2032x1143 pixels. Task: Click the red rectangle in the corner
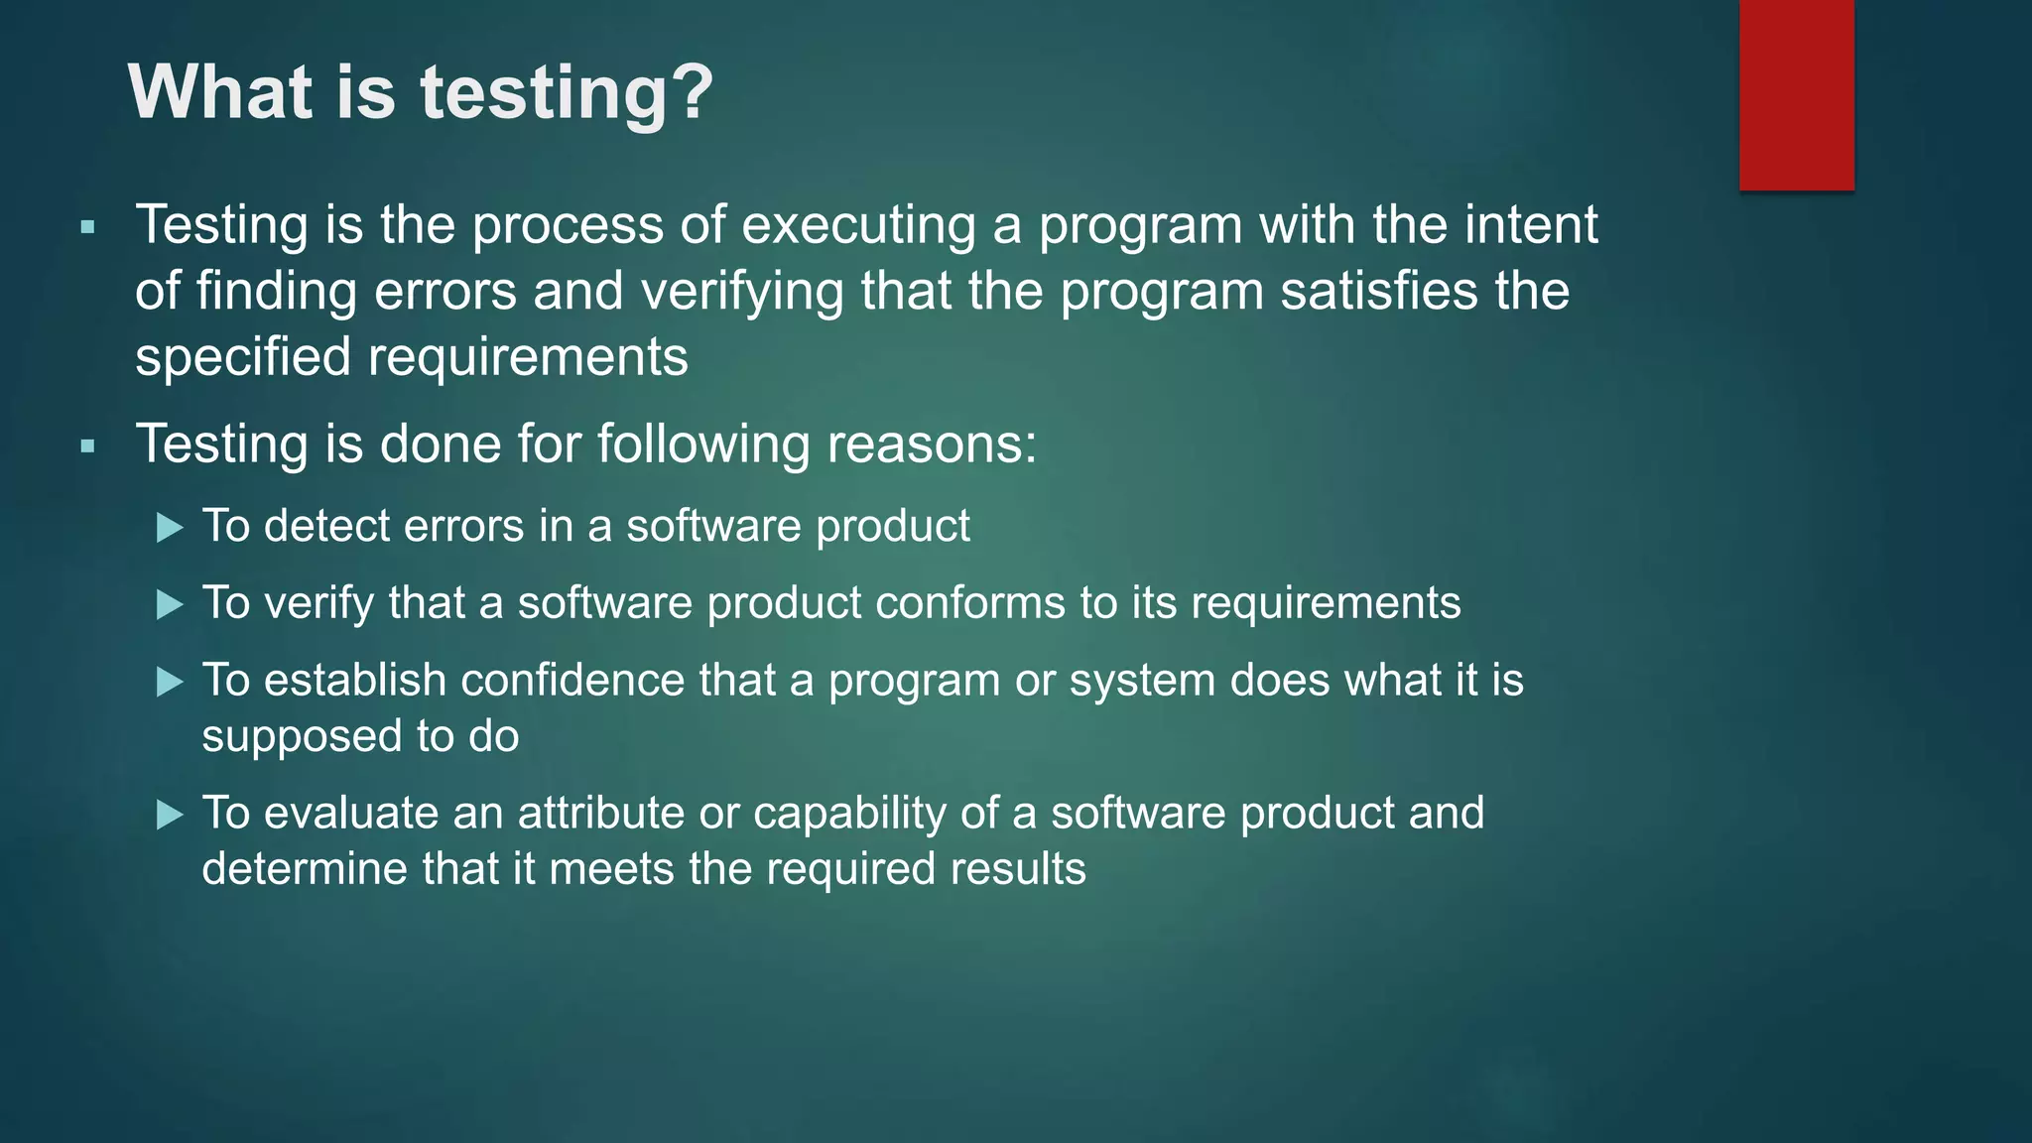(x=1796, y=94)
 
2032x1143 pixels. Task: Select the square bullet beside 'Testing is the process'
(x=88, y=227)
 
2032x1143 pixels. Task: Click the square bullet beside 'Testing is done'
(x=88, y=446)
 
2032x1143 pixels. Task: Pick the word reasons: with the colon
(x=932, y=444)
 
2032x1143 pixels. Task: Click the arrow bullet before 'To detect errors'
(x=171, y=527)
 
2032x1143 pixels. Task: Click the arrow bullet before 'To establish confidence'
(x=171, y=682)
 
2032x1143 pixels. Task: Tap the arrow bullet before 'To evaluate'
(x=171, y=816)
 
